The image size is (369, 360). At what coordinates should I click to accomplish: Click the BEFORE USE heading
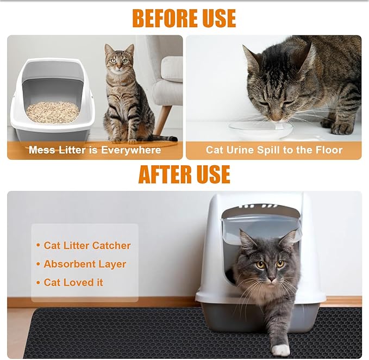(184, 18)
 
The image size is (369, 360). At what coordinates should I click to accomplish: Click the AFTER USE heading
(184, 174)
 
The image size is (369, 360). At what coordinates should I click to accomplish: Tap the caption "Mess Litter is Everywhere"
(95, 150)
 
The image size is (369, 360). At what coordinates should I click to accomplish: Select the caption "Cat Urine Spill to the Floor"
(274, 150)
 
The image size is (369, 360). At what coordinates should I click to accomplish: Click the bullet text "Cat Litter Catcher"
(87, 245)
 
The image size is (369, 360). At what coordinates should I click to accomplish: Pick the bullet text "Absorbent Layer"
(85, 264)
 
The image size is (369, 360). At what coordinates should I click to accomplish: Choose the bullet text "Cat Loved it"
(73, 282)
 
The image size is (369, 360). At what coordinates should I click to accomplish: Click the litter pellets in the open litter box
(53, 111)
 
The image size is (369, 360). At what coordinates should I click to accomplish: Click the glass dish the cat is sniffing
(261, 129)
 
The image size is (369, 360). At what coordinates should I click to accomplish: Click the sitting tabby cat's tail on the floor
(158, 138)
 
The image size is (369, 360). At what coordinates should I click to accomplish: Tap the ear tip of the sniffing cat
(246, 47)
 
